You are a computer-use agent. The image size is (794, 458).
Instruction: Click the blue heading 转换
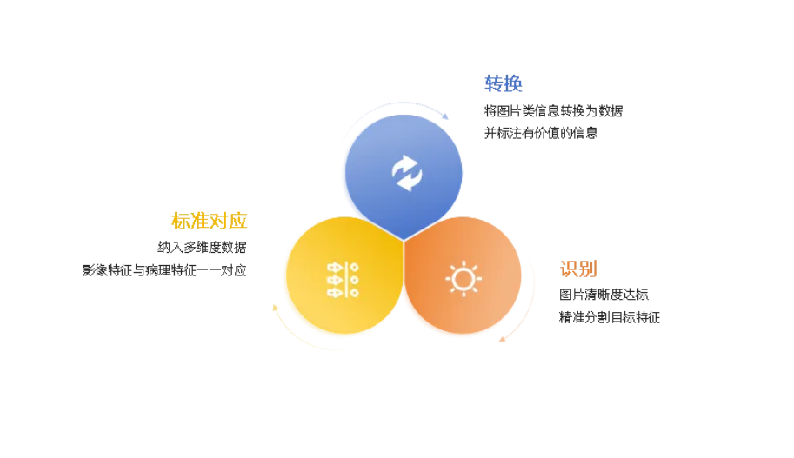click(504, 83)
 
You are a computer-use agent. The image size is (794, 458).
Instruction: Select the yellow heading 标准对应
click(209, 221)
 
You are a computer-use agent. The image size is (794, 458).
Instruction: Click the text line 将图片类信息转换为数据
click(553, 111)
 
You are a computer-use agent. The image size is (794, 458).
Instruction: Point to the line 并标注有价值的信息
click(541, 133)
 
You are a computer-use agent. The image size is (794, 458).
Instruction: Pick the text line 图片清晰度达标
click(604, 295)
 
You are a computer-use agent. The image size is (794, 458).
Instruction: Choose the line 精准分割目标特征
click(610, 317)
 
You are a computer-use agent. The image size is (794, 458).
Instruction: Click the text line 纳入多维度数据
click(202, 247)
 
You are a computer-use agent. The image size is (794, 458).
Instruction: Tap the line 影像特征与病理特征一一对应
click(165, 270)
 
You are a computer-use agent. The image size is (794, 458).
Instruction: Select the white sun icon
click(463, 278)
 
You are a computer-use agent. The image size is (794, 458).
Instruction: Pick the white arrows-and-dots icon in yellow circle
click(343, 279)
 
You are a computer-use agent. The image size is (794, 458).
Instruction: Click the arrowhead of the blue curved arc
click(446, 116)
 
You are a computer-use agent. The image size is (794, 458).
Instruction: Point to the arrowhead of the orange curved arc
click(502, 338)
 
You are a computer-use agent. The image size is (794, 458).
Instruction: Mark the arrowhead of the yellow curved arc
click(275, 307)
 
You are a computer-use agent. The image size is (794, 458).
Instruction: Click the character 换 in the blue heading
click(513, 83)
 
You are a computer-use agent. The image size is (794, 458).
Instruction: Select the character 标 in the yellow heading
click(181, 221)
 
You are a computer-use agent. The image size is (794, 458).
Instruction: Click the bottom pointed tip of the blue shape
click(404, 239)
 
